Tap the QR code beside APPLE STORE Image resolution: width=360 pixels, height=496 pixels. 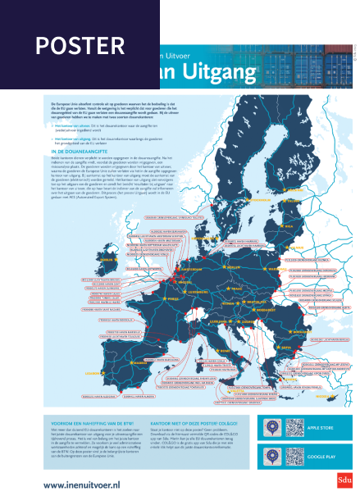(x=296, y=427)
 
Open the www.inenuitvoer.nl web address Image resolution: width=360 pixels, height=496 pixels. (x=82, y=485)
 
